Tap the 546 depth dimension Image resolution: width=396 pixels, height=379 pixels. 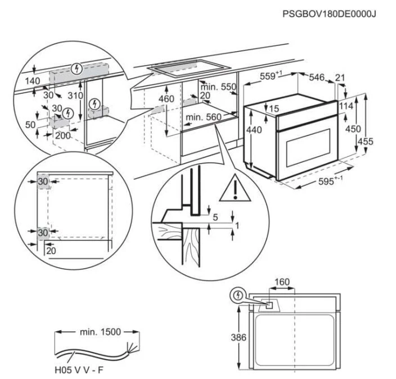coord(317,78)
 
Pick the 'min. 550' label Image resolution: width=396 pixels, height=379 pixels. coord(218,87)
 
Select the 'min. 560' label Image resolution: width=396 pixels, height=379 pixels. coord(201,117)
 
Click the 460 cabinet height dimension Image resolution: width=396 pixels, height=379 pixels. coord(166,99)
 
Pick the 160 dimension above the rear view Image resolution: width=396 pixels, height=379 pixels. coord(282,282)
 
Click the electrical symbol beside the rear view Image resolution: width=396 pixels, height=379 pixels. coord(237,295)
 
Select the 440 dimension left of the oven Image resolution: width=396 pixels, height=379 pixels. coord(255,130)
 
